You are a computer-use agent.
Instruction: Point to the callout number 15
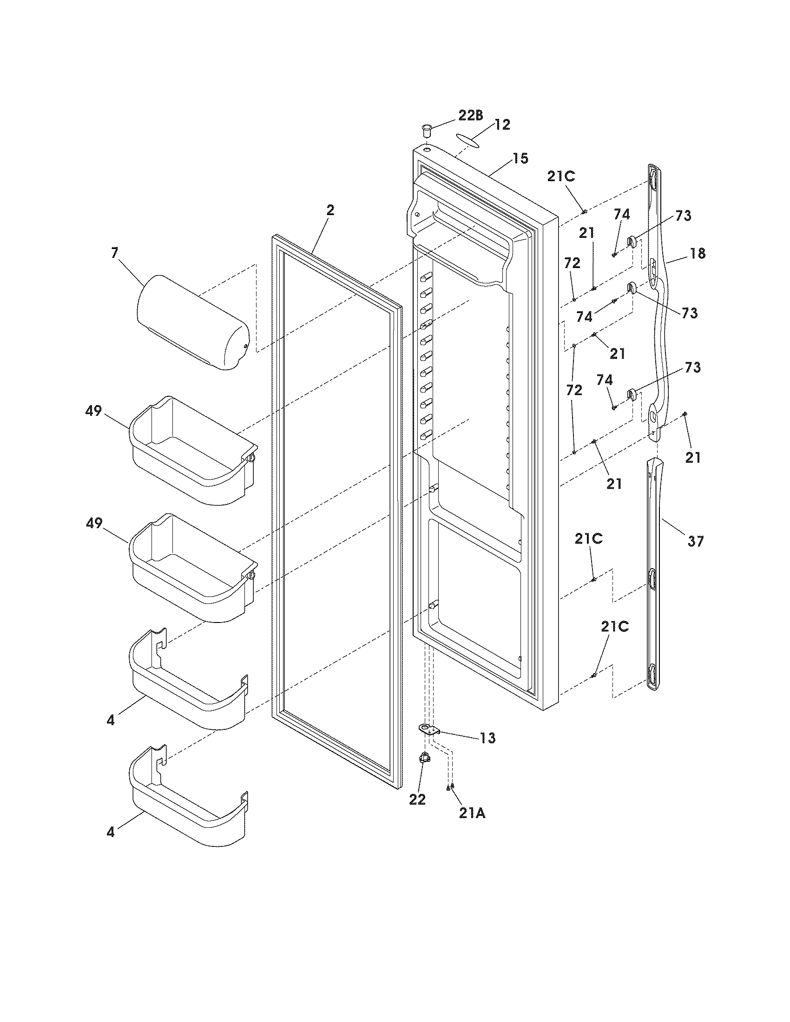pyautogui.click(x=520, y=158)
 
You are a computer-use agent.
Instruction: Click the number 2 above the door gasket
pyautogui.click(x=330, y=210)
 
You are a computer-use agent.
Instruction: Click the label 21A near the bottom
pyautogui.click(x=472, y=814)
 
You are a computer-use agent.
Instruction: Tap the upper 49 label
pyautogui.click(x=93, y=411)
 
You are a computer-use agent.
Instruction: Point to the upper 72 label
pyautogui.click(x=572, y=263)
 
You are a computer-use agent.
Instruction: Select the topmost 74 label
pyautogui.click(x=622, y=214)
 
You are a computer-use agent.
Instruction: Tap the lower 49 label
pyautogui.click(x=93, y=524)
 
